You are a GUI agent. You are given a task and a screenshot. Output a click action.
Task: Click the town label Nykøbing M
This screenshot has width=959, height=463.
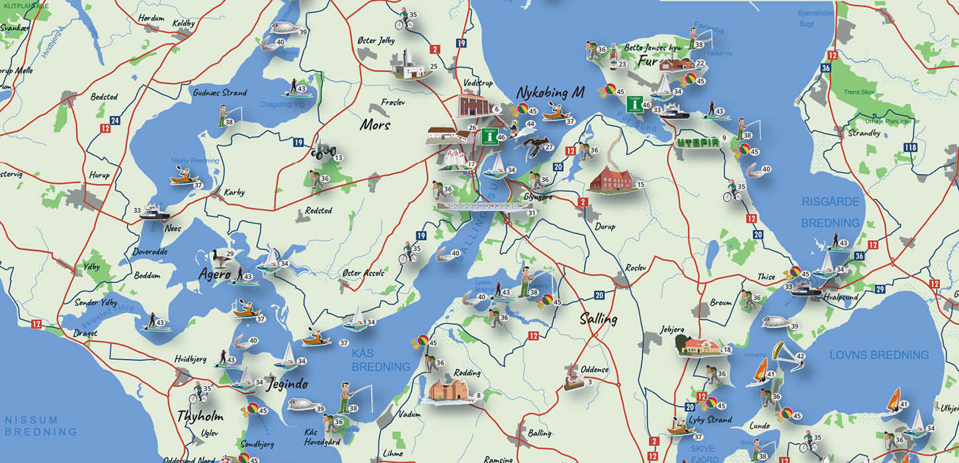[550, 93]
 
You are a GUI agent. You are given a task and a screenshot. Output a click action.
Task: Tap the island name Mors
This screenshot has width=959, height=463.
[375, 124]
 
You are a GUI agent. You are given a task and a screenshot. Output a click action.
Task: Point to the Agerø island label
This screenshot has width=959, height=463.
[216, 274]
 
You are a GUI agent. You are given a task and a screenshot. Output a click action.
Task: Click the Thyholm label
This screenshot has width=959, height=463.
[200, 417]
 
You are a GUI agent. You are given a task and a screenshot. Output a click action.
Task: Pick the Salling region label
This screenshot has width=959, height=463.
[598, 319]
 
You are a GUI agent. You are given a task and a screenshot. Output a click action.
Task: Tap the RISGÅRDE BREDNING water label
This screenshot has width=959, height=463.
[831, 212]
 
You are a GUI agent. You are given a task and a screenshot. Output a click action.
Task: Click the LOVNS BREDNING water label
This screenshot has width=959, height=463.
[880, 355]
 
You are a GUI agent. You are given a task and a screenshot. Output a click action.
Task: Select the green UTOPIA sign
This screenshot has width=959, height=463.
[697, 142]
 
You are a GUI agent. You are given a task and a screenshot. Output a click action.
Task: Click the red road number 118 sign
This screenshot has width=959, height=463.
[911, 147]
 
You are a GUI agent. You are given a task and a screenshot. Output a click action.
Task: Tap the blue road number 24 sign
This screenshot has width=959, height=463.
[115, 120]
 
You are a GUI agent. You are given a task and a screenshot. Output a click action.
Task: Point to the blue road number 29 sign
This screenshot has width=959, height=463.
[880, 289]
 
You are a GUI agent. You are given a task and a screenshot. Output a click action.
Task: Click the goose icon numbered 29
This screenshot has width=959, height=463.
[218, 257]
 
